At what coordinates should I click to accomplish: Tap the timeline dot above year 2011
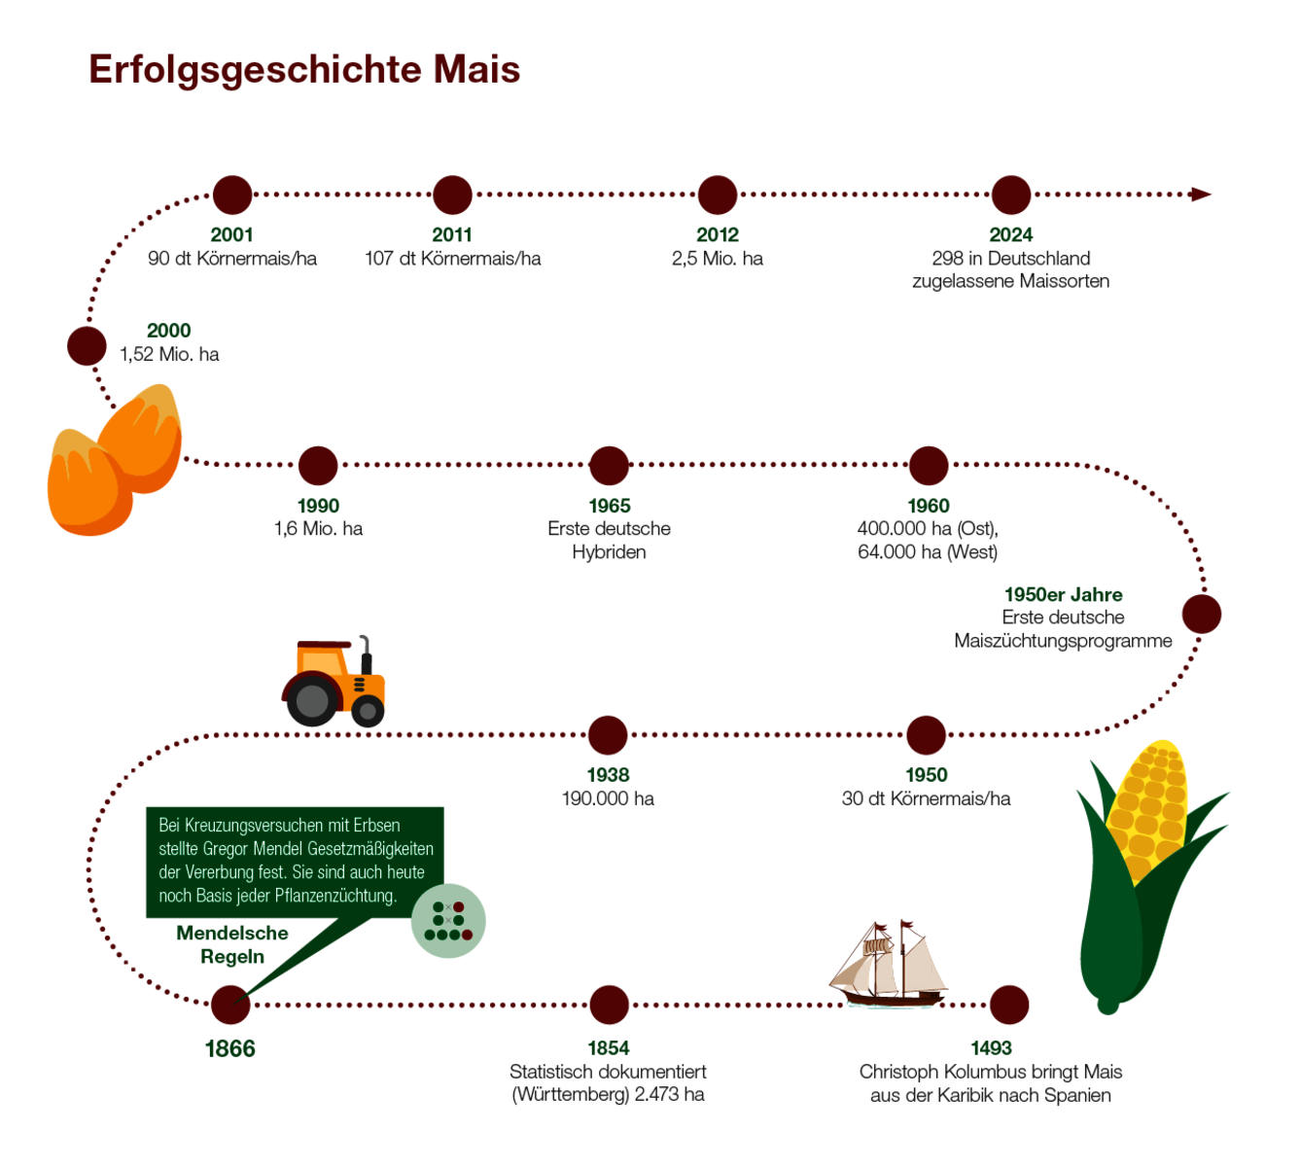(x=452, y=195)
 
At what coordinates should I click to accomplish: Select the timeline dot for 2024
(x=1010, y=195)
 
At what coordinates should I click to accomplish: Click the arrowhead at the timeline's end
(x=1202, y=194)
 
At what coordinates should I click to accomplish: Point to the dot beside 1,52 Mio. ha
(x=87, y=346)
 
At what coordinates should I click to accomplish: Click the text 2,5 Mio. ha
(x=717, y=259)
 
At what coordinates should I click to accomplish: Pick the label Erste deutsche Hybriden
(x=609, y=541)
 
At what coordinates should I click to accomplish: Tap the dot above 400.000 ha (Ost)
(x=929, y=466)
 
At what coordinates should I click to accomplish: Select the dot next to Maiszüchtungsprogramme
(x=1201, y=615)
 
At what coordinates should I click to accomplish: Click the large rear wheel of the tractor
(x=312, y=700)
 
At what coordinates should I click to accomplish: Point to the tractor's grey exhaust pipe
(x=366, y=653)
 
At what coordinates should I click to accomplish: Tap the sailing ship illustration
(x=889, y=967)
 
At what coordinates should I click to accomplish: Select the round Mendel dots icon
(x=448, y=921)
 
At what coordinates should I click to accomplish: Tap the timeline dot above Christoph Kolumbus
(x=1008, y=1005)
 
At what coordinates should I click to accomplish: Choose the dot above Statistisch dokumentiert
(x=609, y=1005)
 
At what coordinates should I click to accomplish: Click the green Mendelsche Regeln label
(x=232, y=944)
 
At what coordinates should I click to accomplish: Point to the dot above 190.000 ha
(x=608, y=735)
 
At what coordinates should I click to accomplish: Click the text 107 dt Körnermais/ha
(x=452, y=259)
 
